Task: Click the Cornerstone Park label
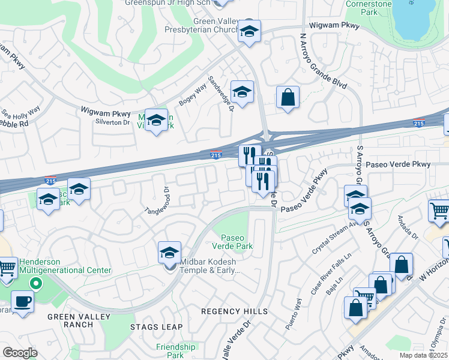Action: (x=369, y=7)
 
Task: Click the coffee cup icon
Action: (x=23, y=301)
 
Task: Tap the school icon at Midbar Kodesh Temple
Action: (x=170, y=253)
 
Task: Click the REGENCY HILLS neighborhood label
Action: (x=234, y=311)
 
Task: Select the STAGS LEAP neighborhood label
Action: (x=152, y=327)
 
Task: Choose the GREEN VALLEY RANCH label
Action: (x=70, y=320)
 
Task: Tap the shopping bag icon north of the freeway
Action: (x=288, y=97)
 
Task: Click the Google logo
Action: (x=20, y=352)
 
